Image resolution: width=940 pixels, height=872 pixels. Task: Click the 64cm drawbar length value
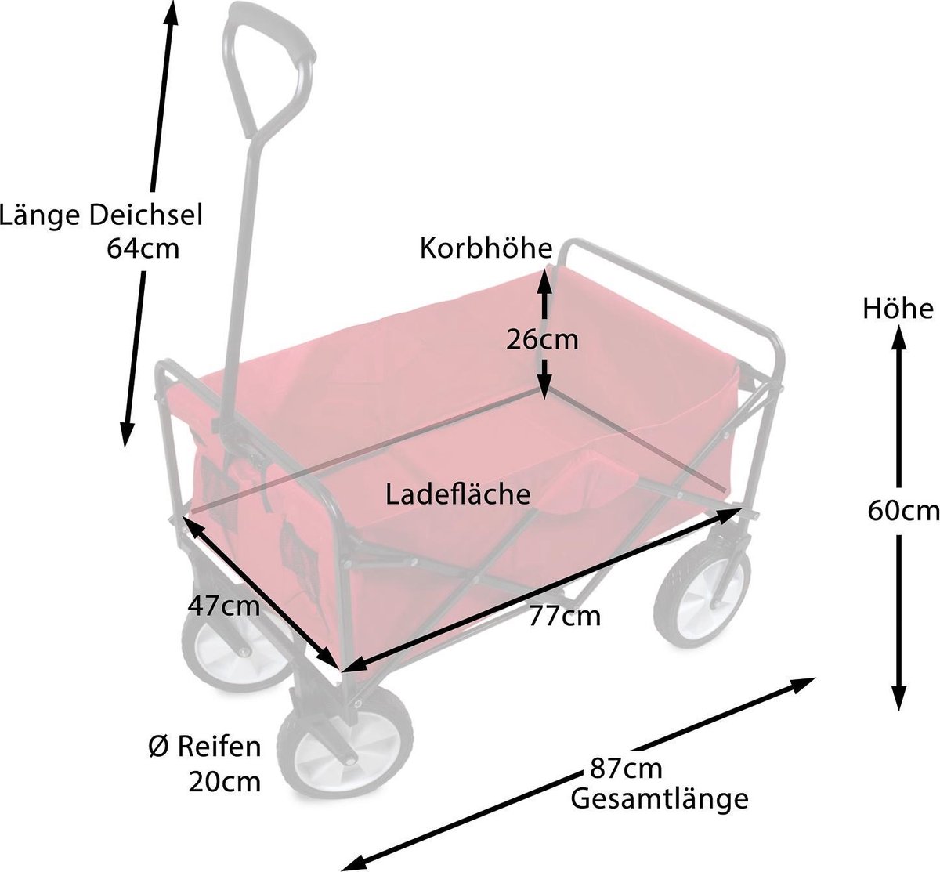pos(143,248)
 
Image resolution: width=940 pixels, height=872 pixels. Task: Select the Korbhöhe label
pos(486,248)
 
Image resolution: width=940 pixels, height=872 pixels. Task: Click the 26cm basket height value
pos(542,340)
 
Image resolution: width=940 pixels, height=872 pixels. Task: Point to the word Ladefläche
pos(457,494)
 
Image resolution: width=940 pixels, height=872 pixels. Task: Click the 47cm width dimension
pos(224,606)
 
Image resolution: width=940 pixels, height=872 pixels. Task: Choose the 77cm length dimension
pos(564,616)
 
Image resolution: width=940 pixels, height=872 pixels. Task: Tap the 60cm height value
pos(903,511)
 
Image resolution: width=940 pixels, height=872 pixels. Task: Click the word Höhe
pos(898,309)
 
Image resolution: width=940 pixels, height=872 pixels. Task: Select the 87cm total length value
pos(626,768)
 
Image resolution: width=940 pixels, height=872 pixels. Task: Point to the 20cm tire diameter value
pos(225,782)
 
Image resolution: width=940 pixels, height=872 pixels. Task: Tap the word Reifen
pos(219,747)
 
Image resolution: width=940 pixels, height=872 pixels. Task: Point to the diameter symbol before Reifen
pos(159,747)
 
